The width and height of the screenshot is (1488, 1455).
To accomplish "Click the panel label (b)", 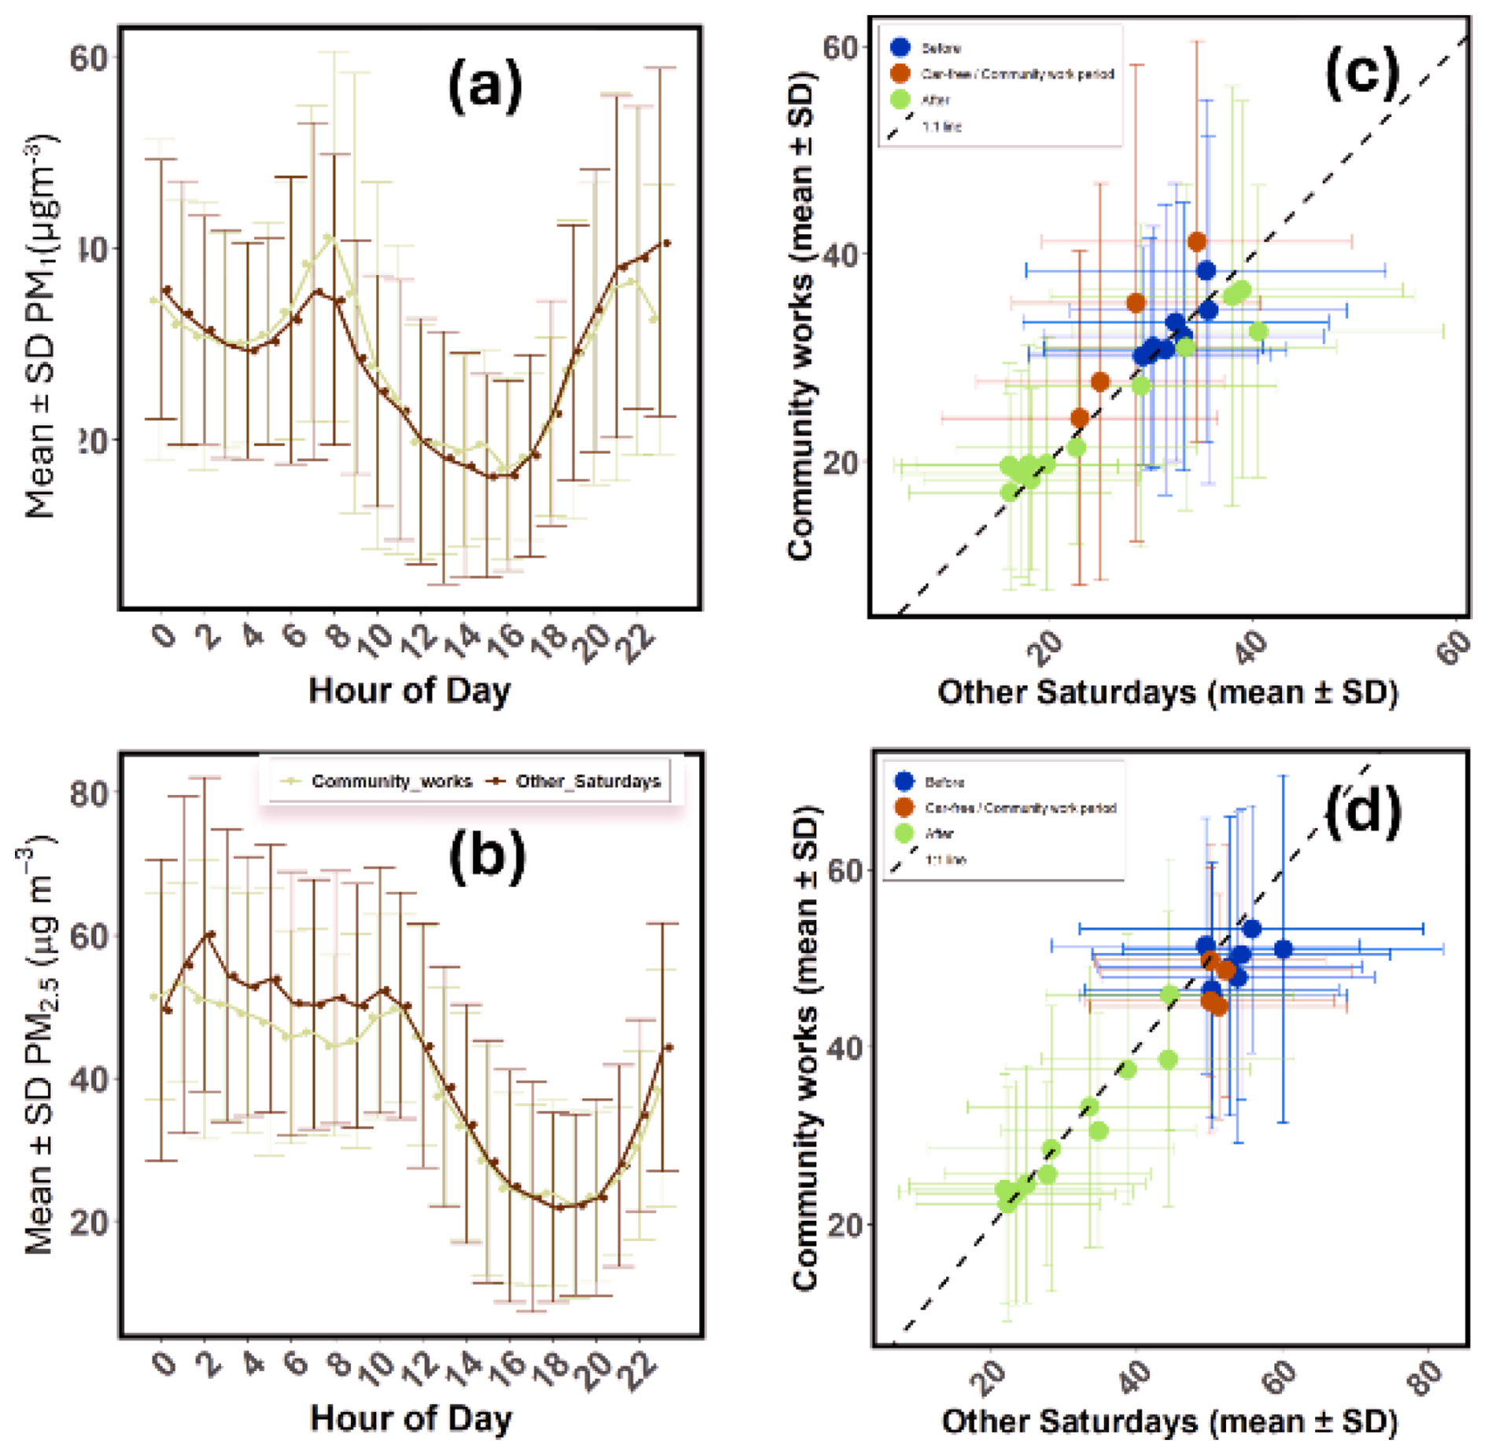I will [x=487, y=855].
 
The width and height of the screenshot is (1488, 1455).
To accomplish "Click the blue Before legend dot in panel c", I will [x=901, y=47].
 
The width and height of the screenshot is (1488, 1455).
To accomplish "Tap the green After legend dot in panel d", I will [x=904, y=833].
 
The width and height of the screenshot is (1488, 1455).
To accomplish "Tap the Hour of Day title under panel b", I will [x=411, y=1418].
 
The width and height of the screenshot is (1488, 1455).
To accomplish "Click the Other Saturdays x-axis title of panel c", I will [x=1168, y=693].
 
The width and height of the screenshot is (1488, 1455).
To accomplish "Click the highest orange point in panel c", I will [x=1197, y=242].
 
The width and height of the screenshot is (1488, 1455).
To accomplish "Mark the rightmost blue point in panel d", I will [x=1283, y=949].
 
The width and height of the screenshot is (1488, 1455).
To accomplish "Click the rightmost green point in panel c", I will [x=1258, y=331].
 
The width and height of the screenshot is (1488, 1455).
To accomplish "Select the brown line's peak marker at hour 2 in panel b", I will [x=210, y=934].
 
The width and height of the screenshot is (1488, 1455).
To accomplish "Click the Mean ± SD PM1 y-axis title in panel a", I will [x=41, y=326].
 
